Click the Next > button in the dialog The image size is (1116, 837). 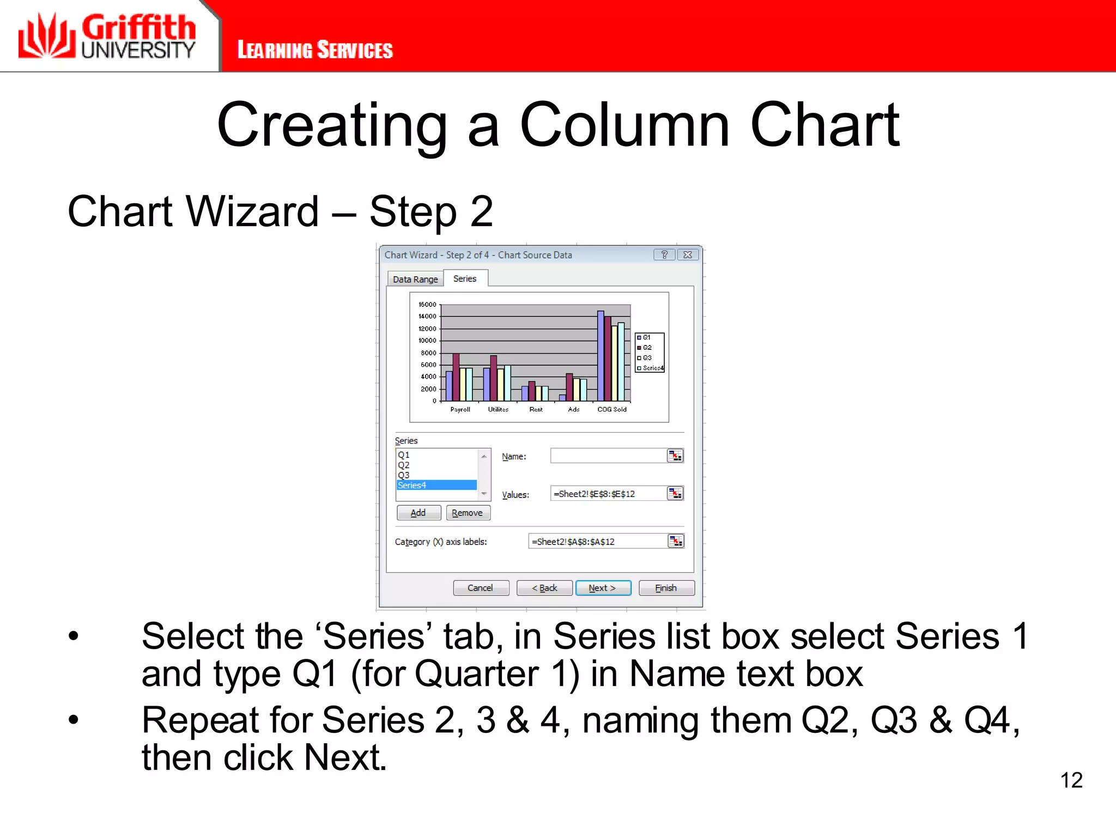point(603,588)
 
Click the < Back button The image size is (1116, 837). point(544,588)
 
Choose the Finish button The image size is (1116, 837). point(666,588)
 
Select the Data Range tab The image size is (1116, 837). point(415,279)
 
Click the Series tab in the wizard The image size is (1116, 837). point(465,278)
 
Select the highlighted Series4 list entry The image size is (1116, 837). point(436,485)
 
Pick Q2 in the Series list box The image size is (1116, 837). point(404,465)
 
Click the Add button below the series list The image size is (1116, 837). point(418,513)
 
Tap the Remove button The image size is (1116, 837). point(468,513)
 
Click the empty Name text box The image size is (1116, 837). point(608,456)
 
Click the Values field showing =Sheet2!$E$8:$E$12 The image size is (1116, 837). point(608,494)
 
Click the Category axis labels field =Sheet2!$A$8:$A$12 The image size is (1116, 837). point(597,541)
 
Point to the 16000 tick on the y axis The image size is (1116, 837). point(428,305)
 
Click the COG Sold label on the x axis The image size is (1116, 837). point(612,409)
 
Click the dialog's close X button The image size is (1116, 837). point(688,254)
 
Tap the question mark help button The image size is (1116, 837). point(664,254)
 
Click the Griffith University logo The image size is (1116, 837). point(107,36)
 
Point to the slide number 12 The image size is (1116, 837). point(1071,780)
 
